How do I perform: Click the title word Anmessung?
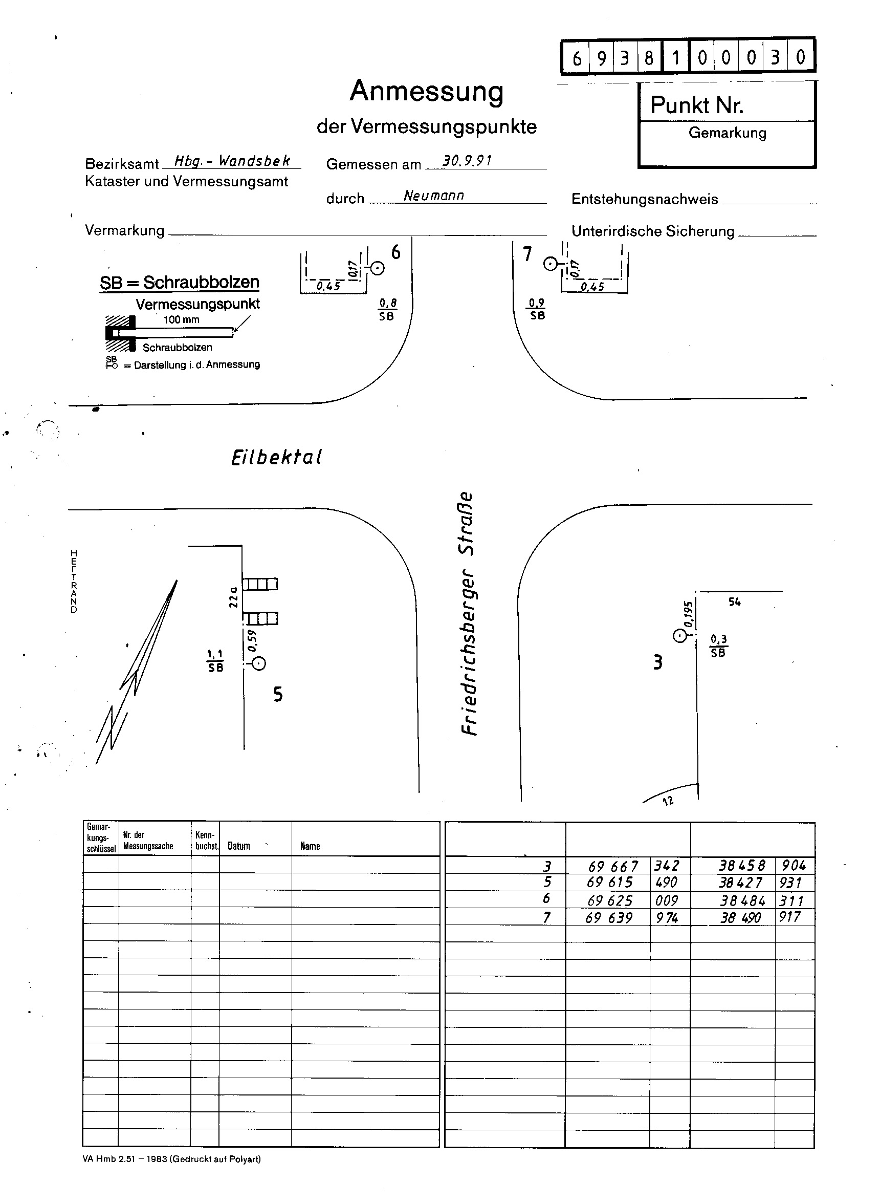click(x=426, y=91)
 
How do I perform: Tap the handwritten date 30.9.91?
click(x=467, y=160)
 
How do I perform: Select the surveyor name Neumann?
click(x=434, y=196)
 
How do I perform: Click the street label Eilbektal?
click(x=276, y=457)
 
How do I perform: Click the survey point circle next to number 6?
click(x=377, y=268)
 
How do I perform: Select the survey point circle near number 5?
click(x=259, y=663)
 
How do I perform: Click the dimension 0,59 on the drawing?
click(x=252, y=640)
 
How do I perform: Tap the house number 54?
click(x=735, y=601)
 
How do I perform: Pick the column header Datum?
click(x=238, y=846)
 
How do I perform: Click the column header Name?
click(x=310, y=846)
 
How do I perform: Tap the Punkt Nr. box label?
click(x=697, y=105)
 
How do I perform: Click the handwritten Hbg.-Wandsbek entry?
click(x=233, y=160)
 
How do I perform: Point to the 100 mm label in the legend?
click(x=181, y=320)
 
